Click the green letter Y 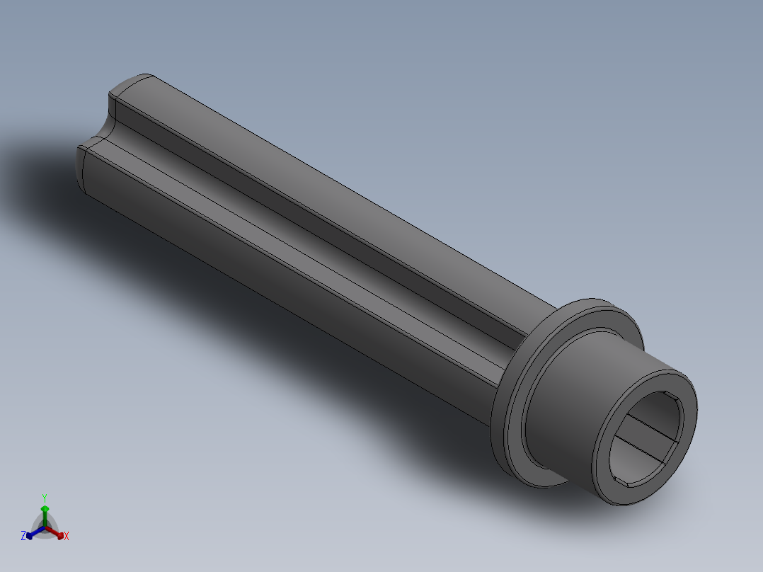pos(45,497)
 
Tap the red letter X pos(67,537)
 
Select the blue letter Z pos(23,537)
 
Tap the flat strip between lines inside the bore pos(644,432)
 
